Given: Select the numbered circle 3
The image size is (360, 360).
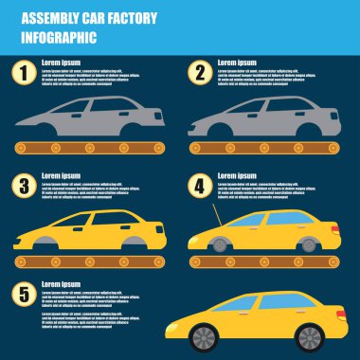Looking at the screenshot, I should tap(22, 186).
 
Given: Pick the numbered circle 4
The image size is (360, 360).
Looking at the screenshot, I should tap(200, 186).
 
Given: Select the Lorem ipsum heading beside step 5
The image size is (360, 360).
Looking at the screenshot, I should tap(62, 285).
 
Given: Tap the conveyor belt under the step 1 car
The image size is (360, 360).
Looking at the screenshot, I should tap(90, 149).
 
